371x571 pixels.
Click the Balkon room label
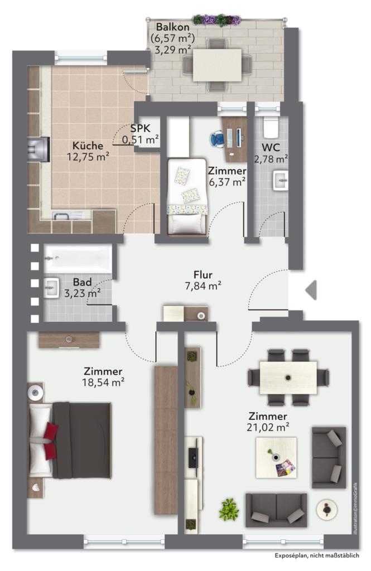pos(173,27)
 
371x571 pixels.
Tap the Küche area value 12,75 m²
pos(88,157)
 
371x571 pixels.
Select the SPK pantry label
pos(141,128)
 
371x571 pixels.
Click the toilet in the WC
pos(271,128)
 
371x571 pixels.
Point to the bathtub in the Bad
pos(78,259)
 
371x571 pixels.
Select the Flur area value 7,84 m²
pos(203,286)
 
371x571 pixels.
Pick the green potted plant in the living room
pos(229,509)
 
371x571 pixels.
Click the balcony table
pos(217,65)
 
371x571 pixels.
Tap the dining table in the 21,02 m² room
pos(288,378)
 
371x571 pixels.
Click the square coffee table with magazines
pos(276,458)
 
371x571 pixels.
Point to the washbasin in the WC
pos(281,181)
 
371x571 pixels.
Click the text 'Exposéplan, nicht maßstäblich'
pos(317,555)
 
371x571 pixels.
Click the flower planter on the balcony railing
pos(217,20)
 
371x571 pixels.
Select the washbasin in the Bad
pos(51,288)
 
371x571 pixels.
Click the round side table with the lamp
pos(326,509)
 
